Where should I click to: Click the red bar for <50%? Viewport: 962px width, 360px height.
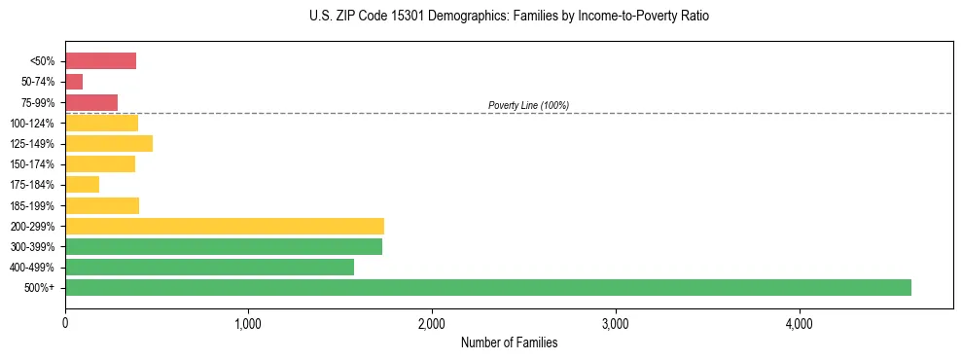100,61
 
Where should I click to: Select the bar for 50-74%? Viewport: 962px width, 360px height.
74,82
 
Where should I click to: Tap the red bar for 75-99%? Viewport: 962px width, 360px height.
91,102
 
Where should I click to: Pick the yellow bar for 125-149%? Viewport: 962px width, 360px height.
109,144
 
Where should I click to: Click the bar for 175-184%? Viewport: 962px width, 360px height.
82,185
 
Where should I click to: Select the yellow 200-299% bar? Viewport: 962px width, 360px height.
225,226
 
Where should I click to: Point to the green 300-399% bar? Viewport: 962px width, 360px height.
224,246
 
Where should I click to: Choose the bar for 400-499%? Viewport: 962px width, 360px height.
209,267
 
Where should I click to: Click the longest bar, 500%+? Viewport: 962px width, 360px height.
488,287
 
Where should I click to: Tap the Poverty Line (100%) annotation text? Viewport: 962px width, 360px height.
528,105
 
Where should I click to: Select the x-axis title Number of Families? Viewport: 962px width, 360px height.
509,342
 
